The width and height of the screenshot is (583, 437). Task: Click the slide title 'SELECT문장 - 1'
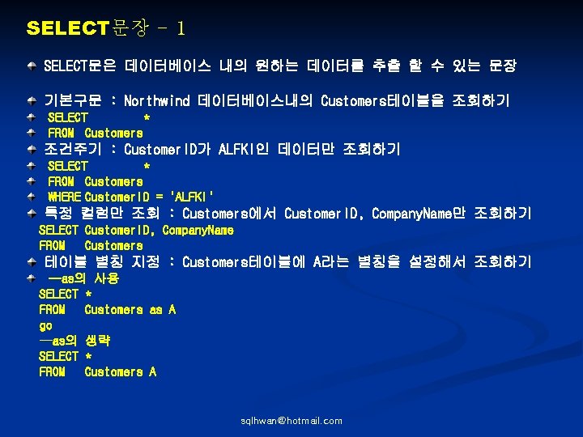point(106,29)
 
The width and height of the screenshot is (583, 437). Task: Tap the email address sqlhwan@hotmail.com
point(291,421)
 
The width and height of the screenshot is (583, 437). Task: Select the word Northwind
point(156,101)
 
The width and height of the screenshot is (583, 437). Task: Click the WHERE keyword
point(64,197)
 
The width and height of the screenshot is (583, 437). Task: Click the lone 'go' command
point(45,325)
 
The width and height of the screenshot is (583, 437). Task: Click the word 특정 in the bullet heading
point(58,214)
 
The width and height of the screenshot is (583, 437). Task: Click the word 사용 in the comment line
point(106,278)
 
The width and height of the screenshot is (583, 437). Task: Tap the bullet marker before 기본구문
point(31,102)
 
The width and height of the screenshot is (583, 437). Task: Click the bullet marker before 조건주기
point(31,151)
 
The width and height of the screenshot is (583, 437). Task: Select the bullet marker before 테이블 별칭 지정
point(31,263)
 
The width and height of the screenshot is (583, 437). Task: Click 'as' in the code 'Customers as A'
point(155,310)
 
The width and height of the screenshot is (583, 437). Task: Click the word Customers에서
point(230,214)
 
